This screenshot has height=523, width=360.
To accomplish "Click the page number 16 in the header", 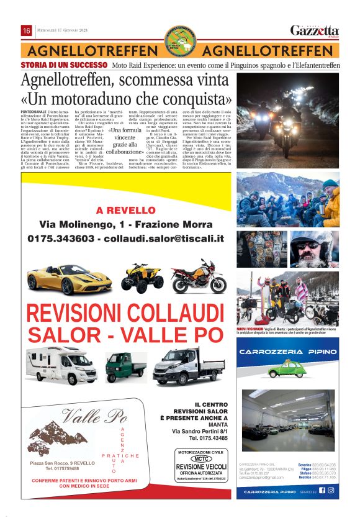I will pyautogui.click(x=26, y=30).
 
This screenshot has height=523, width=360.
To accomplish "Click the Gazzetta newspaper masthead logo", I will pyautogui.click(x=315, y=30).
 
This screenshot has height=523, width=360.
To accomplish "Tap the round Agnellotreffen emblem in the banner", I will pyautogui.click(x=180, y=40).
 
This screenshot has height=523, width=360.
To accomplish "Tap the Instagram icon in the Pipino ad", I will pyautogui.click(x=331, y=490).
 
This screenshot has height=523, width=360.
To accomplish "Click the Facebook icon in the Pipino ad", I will pyautogui.click(x=322, y=490).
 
